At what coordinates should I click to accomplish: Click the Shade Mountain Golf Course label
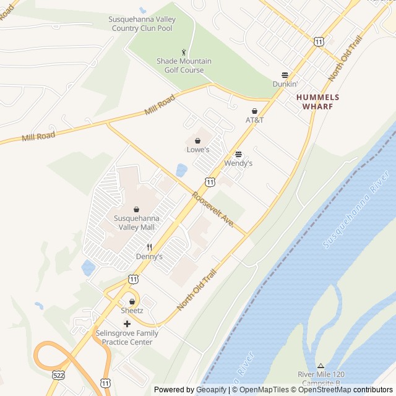[x=184, y=66]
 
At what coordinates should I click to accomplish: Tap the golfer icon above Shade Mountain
[x=183, y=52]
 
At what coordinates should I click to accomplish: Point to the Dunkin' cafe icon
[x=285, y=74]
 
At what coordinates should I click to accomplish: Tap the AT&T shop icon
[x=254, y=111]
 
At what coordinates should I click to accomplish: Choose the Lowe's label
[x=198, y=150]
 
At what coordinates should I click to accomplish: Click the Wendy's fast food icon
[x=238, y=154]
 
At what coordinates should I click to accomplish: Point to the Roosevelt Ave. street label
[x=212, y=210]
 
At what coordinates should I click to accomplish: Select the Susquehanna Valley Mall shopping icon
[x=136, y=209]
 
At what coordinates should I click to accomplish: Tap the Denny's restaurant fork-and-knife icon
[x=149, y=247]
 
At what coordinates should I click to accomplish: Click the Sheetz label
[x=132, y=310]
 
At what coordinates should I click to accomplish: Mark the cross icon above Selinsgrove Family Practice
[x=127, y=324]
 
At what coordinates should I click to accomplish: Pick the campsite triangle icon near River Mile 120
[x=321, y=366]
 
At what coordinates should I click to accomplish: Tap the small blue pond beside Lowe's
[x=181, y=170]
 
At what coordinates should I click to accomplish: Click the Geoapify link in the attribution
[x=212, y=390]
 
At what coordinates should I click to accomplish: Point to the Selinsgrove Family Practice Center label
[x=127, y=337]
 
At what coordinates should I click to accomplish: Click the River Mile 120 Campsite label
[x=321, y=379]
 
